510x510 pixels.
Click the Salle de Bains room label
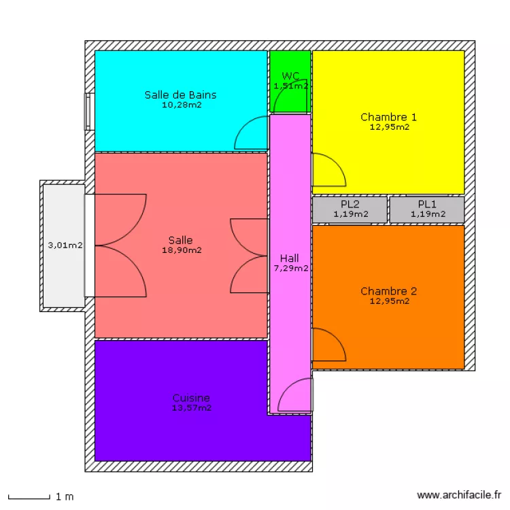point(181,95)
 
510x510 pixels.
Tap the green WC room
point(290,95)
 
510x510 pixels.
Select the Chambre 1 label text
point(389,117)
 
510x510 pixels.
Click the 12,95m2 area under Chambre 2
point(389,301)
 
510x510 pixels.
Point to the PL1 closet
point(427,209)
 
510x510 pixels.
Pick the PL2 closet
point(350,209)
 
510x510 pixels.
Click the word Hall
point(290,258)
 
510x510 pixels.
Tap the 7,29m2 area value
point(290,268)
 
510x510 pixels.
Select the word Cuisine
point(191,398)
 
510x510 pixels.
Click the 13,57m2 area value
point(191,408)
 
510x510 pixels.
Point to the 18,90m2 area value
point(181,250)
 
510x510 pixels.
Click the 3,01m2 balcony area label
point(65,245)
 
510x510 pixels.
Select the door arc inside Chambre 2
point(328,345)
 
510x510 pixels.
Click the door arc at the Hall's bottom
point(294,396)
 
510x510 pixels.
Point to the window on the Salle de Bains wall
point(87,112)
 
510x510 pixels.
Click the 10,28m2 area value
point(181,105)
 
